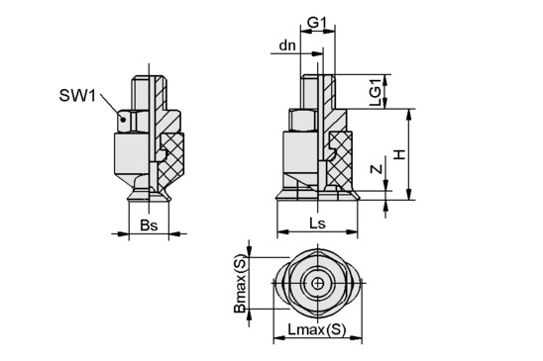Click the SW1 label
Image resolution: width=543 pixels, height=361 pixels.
[x=77, y=95]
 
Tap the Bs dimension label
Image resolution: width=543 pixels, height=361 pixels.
[x=149, y=226]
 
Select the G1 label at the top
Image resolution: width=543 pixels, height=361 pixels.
[x=317, y=23]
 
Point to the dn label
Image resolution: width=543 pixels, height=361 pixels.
[x=287, y=45]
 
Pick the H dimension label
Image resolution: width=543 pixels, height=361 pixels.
[x=400, y=154]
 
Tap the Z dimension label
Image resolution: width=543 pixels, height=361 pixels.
[x=377, y=169]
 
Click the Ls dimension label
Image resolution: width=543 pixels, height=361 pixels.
[x=317, y=224]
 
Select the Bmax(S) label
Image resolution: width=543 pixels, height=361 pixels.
[x=240, y=284]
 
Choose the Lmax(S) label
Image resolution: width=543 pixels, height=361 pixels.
[x=317, y=330]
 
